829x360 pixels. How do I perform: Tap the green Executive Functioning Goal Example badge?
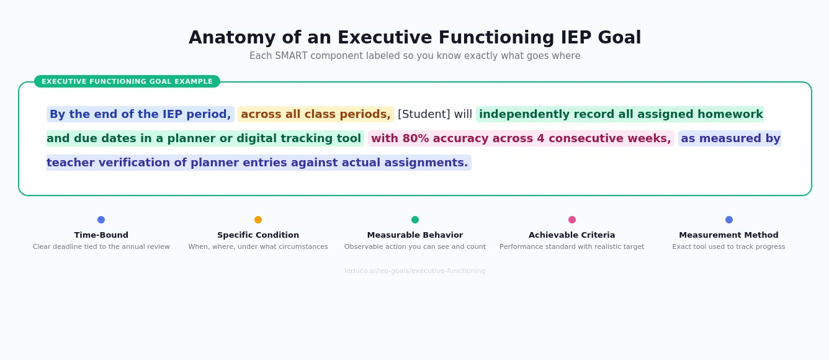(x=127, y=81)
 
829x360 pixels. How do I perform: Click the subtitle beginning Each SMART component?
(x=415, y=56)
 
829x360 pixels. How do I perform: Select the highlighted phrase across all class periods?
(x=315, y=114)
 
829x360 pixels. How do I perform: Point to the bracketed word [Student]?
(x=424, y=114)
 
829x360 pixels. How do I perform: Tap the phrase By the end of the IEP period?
(x=140, y=114)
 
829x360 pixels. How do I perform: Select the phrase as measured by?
(x=730, y=138)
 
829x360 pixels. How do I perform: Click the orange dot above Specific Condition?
(x=258, y=220)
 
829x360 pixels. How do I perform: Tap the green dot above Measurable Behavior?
(x=415, y=220)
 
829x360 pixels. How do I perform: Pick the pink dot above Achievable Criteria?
(x=572, y=220)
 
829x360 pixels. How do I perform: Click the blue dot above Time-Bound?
(x=101, y=220)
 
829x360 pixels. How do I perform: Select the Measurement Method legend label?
(x=728, y=235)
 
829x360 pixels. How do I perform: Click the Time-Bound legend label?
(x=101, y=235)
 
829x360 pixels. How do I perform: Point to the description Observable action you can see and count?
(x=415, y=247)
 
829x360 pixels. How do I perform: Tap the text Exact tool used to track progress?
(x=728, y=247)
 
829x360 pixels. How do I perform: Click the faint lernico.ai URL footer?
(x=415, y=271)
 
